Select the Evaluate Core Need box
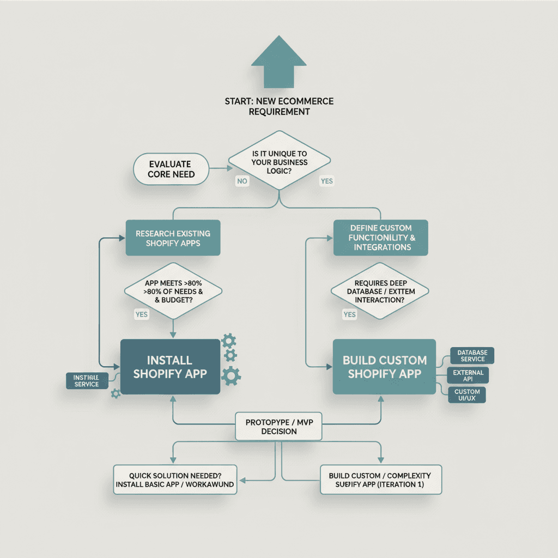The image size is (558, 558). click(171, 168)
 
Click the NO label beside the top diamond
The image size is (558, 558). click(242, 180)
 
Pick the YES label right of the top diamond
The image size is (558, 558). click(326, 181)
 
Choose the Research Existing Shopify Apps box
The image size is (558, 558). click(173, 238)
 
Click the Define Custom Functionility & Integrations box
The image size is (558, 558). click(381, 238)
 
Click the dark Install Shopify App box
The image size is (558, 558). click(170, 367)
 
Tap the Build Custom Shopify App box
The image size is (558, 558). click(384, 367)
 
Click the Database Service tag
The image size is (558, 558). click(472, 356)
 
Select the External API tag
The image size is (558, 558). click(467, 375)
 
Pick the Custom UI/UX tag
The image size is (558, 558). click(466, 395)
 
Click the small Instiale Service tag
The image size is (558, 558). click(86, 381)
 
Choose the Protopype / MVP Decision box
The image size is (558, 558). click(278, 427)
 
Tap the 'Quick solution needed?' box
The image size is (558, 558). click(175, 480)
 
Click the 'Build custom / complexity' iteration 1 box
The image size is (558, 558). click(380, 480)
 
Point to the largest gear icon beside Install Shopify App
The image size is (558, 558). click(232, 375)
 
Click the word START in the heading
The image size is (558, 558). click(237, 101)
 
